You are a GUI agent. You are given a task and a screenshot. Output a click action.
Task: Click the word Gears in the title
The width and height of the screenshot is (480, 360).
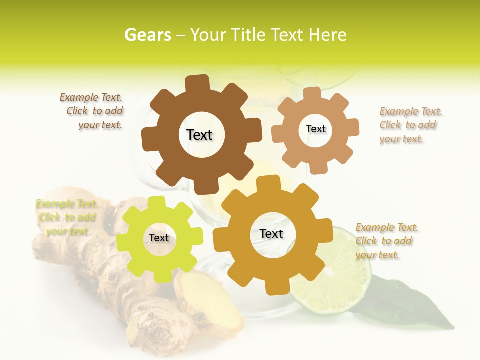(x=147, y=35)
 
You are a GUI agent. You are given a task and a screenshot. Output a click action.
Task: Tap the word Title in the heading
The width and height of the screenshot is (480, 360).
(x=249, y=35)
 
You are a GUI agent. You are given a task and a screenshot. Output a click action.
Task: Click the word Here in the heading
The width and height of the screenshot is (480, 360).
(x=328, y=35)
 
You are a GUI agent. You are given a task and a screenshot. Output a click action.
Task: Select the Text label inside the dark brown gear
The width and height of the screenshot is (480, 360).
(x=199, y=135)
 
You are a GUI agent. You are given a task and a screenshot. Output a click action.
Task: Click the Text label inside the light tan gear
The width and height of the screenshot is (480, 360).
(x=315, y=129)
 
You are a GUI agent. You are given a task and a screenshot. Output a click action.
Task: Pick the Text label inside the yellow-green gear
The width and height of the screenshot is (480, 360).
(x=159, y=238)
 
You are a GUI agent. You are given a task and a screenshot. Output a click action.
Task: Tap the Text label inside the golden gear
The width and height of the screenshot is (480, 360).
(x=271, y=233)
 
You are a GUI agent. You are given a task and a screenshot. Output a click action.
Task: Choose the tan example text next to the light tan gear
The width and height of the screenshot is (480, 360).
(x=410, y=125)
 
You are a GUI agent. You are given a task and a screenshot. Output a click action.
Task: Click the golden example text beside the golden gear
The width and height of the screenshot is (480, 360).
(x=386, y=241)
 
